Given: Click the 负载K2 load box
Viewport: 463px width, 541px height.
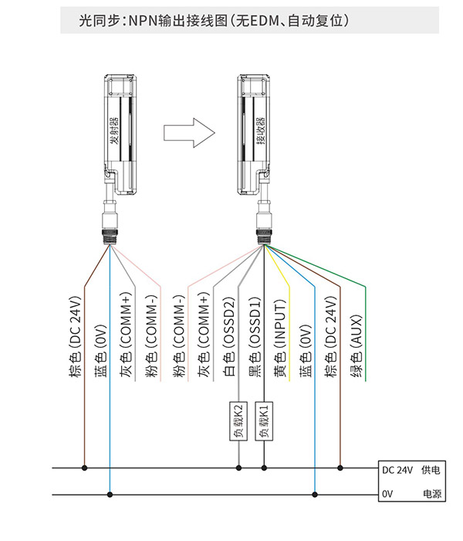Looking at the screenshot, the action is [x=238, y=421].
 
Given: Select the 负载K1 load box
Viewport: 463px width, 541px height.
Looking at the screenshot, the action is [x=264, y=421].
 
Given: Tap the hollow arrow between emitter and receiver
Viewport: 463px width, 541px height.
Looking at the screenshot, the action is [x=189, y=133].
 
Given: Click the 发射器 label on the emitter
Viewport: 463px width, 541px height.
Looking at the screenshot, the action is [x=114, y=131].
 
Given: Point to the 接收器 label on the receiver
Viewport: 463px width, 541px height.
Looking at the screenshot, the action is [x=261, y=131].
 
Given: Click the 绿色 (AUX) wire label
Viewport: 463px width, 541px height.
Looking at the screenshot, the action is [x=357, y=345].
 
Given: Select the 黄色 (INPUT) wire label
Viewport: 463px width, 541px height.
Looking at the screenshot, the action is [x=280, y=338].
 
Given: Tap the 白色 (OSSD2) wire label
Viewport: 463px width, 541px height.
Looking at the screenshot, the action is [x=229, y=336].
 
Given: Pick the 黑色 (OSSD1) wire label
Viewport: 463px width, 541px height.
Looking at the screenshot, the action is [x=255, y=336].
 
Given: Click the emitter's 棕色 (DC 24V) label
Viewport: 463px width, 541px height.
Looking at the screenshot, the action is [x=76, y=336].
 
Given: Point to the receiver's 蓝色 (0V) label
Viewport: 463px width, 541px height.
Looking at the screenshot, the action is [x=306, y=351].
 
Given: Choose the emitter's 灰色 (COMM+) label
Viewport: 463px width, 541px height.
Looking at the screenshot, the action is [x=127, y=335].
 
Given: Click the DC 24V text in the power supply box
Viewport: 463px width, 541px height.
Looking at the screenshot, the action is [x=397, y=470].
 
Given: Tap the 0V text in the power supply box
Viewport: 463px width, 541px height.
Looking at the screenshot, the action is [x=387, y=494].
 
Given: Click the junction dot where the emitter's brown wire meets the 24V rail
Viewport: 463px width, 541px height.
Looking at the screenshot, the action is [x=84, y=468].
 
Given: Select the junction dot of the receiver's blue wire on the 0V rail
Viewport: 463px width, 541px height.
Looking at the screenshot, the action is [x=315, y=495].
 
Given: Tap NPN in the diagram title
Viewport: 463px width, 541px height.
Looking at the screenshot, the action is [x=143, y=21].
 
